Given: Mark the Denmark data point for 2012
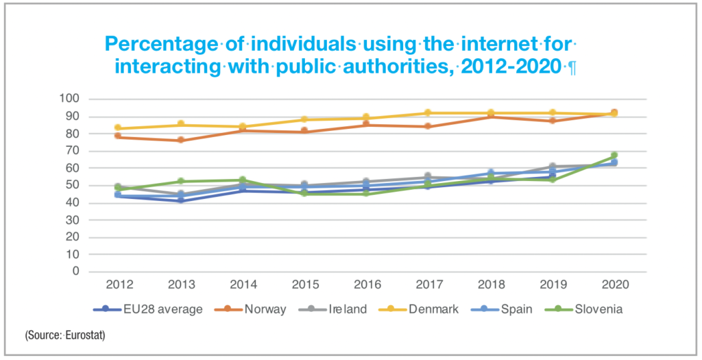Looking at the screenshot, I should tap(118, 128).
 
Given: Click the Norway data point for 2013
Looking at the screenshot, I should tap(180, 140).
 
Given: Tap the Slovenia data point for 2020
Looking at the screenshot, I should tap(614, 156).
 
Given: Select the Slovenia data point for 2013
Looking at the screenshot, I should tap(180, 181).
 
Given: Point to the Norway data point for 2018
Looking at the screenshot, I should tap(490, 117).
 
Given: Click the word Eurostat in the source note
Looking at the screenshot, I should tap(87, 336).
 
